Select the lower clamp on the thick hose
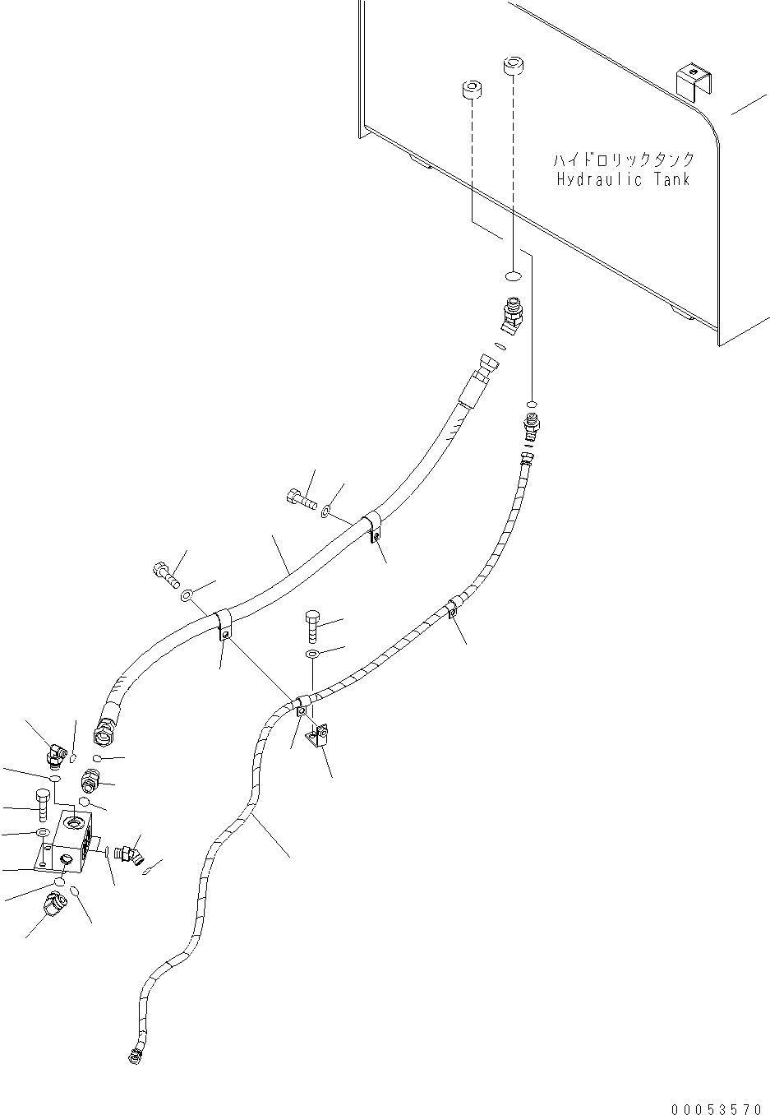pyautogui.click(x=223, y=624)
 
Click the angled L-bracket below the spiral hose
pyautogui.click(x=317, y=736)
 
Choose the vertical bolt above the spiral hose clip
pyautogui.click(x=312, y=627)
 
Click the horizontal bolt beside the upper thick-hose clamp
pyautogui.click(x=302, y=498)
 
